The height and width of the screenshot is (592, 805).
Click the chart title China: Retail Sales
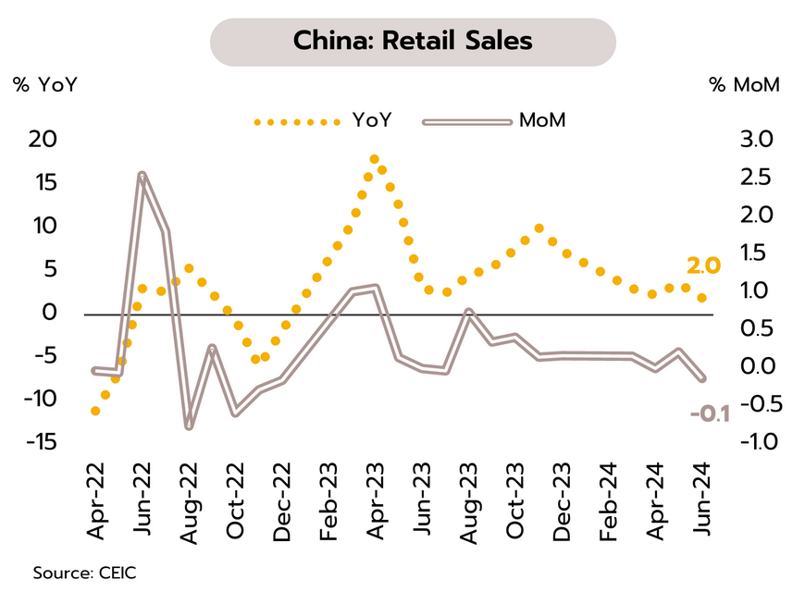coord(413,42)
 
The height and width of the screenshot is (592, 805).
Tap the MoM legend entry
coord(542,121)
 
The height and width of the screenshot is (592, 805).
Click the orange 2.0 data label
coord(703,267)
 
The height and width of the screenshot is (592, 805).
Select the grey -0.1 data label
coord(710,413)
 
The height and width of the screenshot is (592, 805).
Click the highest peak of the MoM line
coord(142,174)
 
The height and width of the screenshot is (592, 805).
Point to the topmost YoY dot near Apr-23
coord(374,160)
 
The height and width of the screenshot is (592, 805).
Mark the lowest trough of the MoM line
coord(189,426)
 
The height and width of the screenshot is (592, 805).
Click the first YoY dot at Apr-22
coord(95,411)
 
